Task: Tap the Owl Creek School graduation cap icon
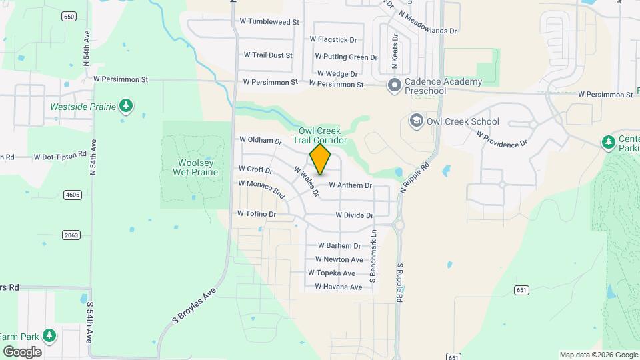pos(416,121)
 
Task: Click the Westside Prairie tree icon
pos(125,105)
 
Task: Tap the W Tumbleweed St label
pos(269,21)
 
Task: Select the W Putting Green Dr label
pos(346,57)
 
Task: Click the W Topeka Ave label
pos(331,273)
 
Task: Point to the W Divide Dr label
pos(354,215)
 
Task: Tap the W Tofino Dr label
pos(257,213)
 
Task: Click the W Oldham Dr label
pos(261,140)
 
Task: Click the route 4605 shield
pos(73,195)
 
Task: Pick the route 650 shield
pos(68,16)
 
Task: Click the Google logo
pos(22,351)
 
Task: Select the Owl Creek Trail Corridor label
pos(323,136)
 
